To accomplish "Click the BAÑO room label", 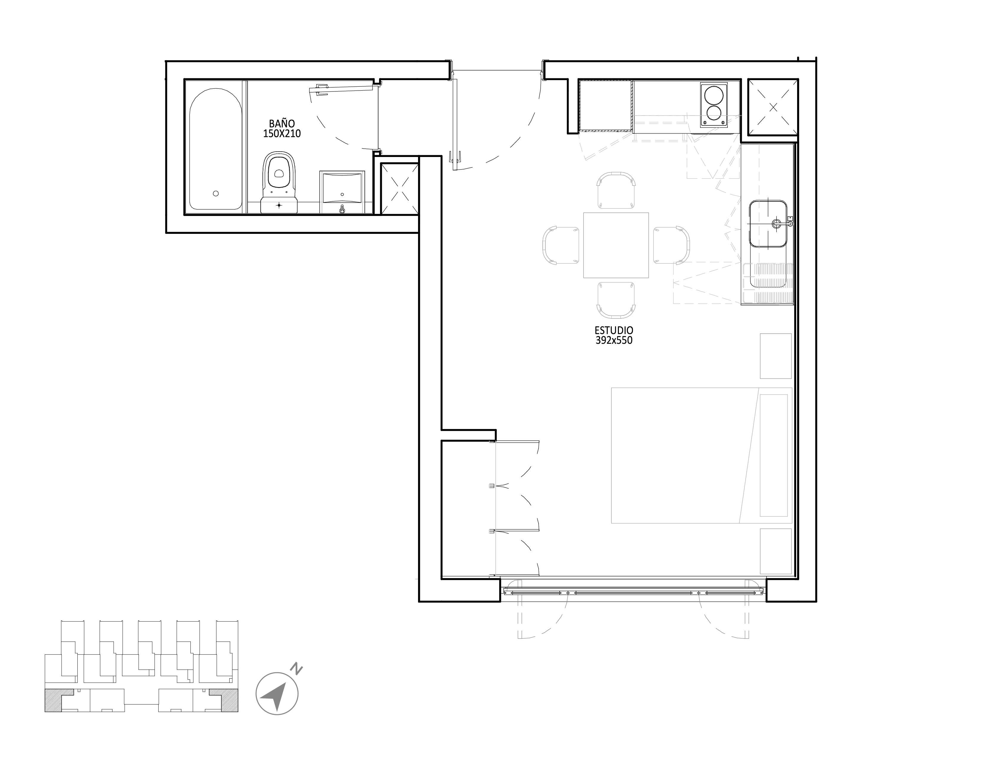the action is click(282, 123).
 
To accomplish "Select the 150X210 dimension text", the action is click(282, 133).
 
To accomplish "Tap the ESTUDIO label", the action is click(614, 330).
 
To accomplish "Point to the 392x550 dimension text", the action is click(614, 340).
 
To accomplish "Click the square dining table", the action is click(616, 245).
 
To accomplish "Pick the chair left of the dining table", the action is click(561, 245).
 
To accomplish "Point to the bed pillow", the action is click(774, 455).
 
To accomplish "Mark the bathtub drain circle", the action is click(216, 193).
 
